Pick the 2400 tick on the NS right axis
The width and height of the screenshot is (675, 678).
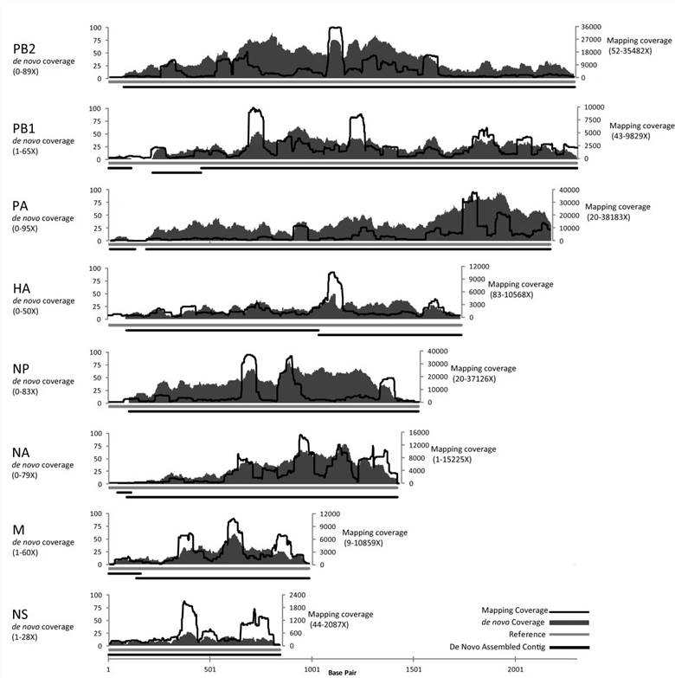point(297,595)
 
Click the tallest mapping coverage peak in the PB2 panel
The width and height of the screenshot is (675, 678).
point(336,29)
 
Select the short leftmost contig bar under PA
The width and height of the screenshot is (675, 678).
point(122,249)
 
